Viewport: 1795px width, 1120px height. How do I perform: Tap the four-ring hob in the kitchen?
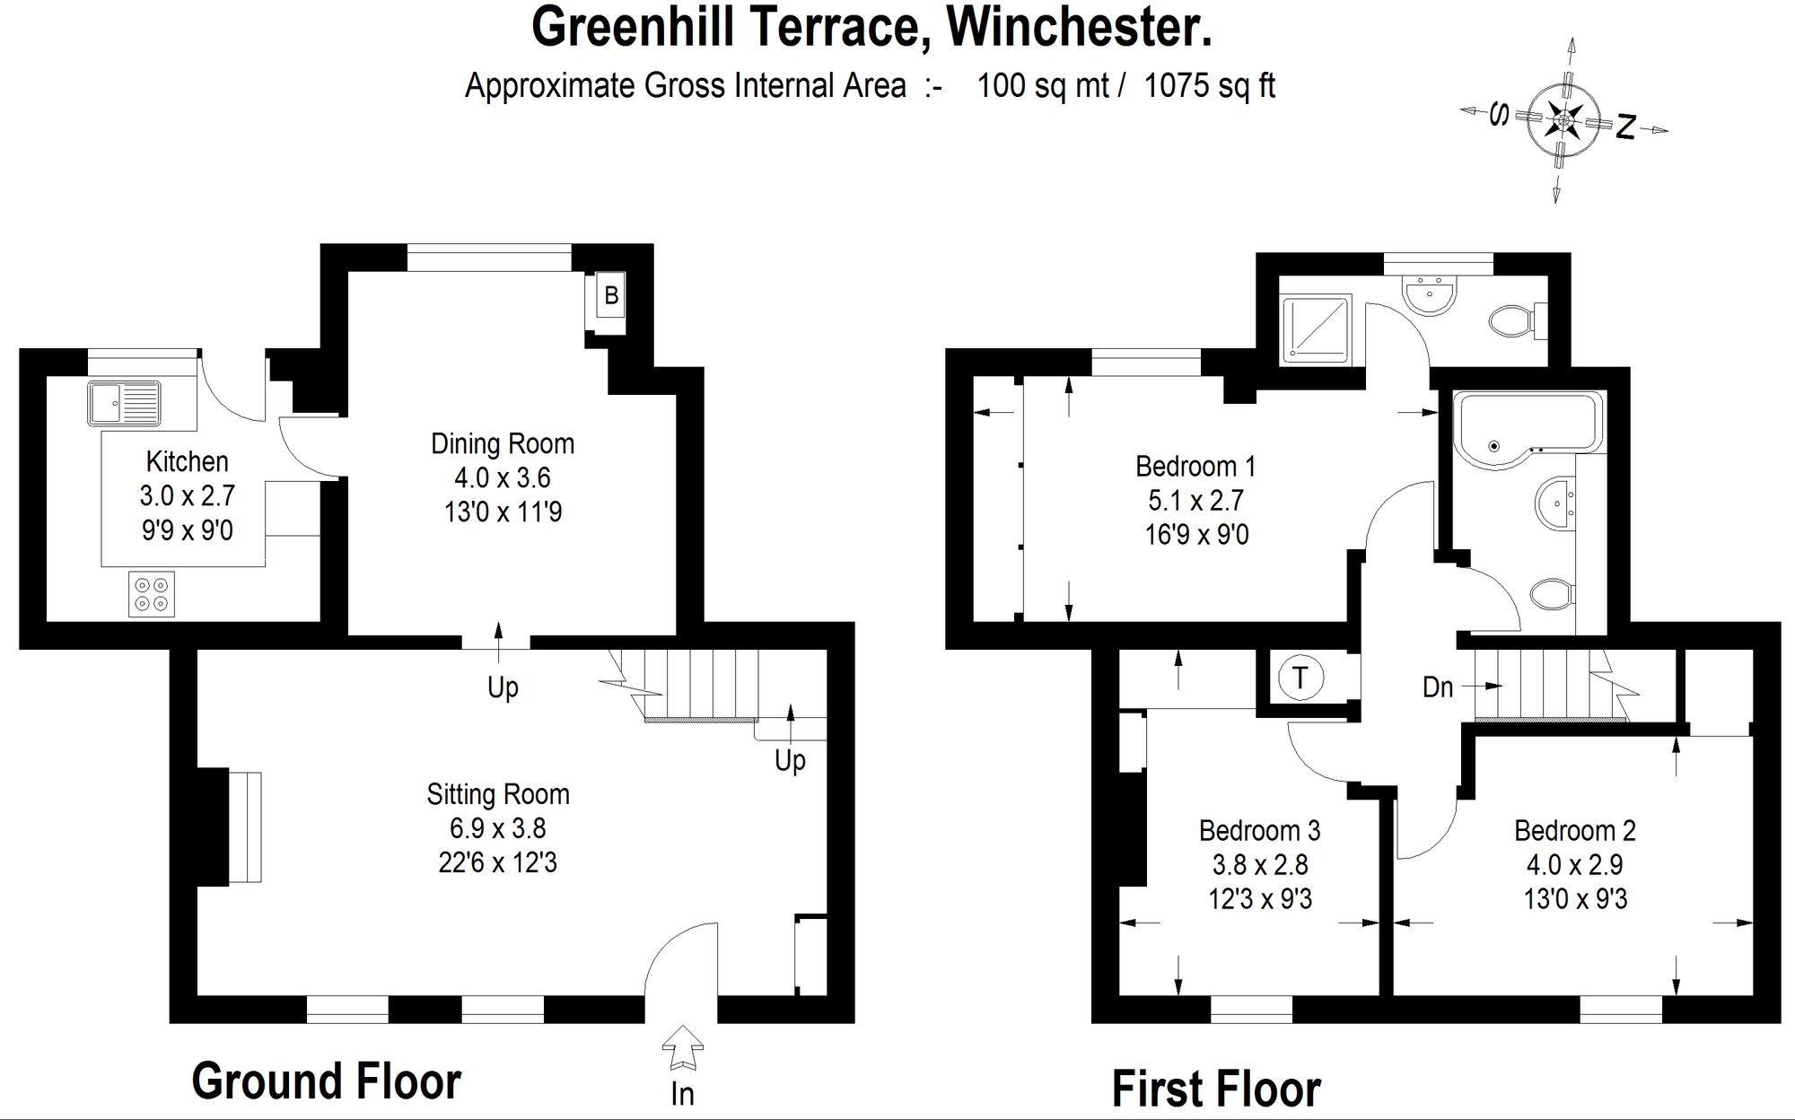(x=151, y=594)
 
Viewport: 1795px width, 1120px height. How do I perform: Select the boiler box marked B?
(x=610, y=297)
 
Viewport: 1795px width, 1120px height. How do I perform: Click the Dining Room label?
(x=503, y=443)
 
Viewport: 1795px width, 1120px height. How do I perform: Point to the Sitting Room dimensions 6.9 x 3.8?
(x=497, y=828)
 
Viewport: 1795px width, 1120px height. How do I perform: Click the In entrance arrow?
(x=682, y=1049)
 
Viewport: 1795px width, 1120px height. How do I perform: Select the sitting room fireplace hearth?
(x=244, y=827)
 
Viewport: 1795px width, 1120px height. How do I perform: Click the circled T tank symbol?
(x=1300, y=678)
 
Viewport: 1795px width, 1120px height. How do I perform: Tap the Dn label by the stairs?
(x=1438, y=687)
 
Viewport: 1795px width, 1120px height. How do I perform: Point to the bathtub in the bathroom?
(x=1526, y=428)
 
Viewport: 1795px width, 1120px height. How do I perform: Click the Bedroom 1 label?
(x=1195, y=467)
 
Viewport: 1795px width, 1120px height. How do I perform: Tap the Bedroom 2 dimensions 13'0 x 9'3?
(x=1575, y=898)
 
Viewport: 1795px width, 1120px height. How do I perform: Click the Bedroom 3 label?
(x=1259, y=831)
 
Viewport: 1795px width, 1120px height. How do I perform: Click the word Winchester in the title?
(x=1079, y=27)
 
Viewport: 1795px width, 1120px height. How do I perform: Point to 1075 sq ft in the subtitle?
(x=1209, y=86)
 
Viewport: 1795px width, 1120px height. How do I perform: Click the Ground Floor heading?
(x=326, y=1081)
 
